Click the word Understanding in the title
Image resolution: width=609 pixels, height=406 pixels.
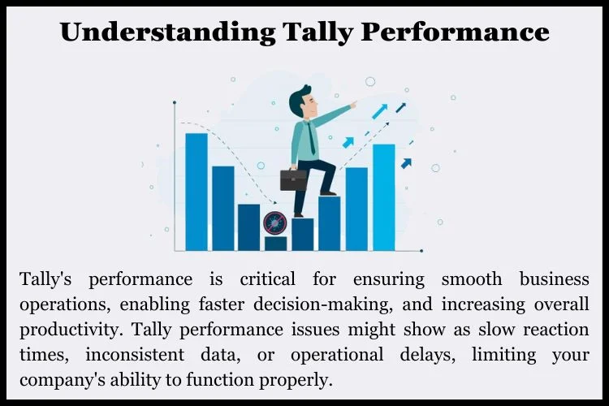(x=168, y=32)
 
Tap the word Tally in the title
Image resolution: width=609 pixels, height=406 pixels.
(x=317, y=32)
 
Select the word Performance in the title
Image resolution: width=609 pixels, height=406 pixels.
(x=455, y=31)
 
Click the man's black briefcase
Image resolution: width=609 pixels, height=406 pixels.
(x=293, y=180)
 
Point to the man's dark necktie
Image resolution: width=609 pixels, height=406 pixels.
(x=311, y=138)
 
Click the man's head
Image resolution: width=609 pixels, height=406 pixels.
(x=303, y=101)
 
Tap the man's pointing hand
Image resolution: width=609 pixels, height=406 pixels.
(x=352, y=104)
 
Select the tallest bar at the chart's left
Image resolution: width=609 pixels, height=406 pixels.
(x=197, y=192)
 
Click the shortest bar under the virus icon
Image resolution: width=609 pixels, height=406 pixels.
(x=276, y=244)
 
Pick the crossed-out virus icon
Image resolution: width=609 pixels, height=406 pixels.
(x=274, y=223)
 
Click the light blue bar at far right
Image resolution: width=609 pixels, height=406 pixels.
(x=384, y=197)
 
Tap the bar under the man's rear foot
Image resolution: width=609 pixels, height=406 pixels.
(x=303, y=235)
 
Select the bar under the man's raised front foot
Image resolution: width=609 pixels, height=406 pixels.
(x=330, y=224)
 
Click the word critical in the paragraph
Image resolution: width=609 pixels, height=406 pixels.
(x=268, y=279)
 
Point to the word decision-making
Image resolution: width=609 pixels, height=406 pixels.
(x=322, y=305)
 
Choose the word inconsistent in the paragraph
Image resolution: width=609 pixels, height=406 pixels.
(x=135, y=354)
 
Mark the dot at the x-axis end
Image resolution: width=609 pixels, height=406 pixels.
(x=421, y=251)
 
